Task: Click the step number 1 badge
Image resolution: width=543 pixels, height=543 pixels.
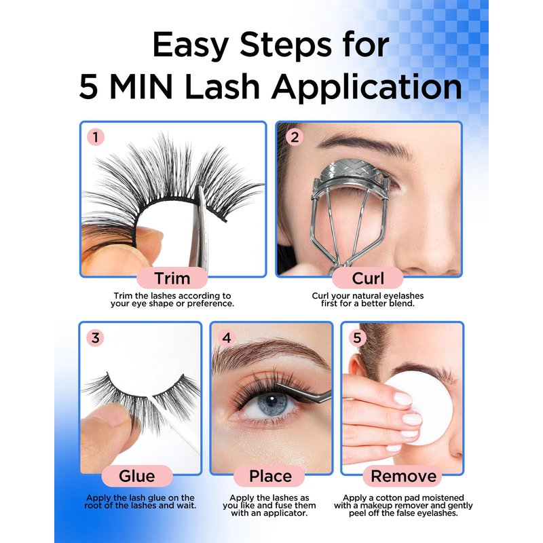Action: click(96, 137)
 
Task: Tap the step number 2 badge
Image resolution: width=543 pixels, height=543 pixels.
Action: click(295, 137)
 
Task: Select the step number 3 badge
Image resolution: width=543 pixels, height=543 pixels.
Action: click(95, 337)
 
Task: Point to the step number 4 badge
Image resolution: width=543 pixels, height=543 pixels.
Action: click(227, 337)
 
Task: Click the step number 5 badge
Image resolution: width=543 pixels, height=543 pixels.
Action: click(357, 337)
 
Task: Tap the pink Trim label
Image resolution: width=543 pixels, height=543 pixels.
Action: click(172, 278)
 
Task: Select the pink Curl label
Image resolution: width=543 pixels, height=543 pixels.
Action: click(368, 278)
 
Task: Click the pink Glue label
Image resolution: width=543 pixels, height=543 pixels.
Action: click(137, 476)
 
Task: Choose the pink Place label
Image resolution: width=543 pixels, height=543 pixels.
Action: click(270, 476)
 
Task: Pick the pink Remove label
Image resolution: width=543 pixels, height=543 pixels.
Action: click(403, 476)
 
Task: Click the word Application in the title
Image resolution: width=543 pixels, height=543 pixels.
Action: click(367, 88)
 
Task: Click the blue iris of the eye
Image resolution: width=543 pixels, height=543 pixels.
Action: click(273, 404)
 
